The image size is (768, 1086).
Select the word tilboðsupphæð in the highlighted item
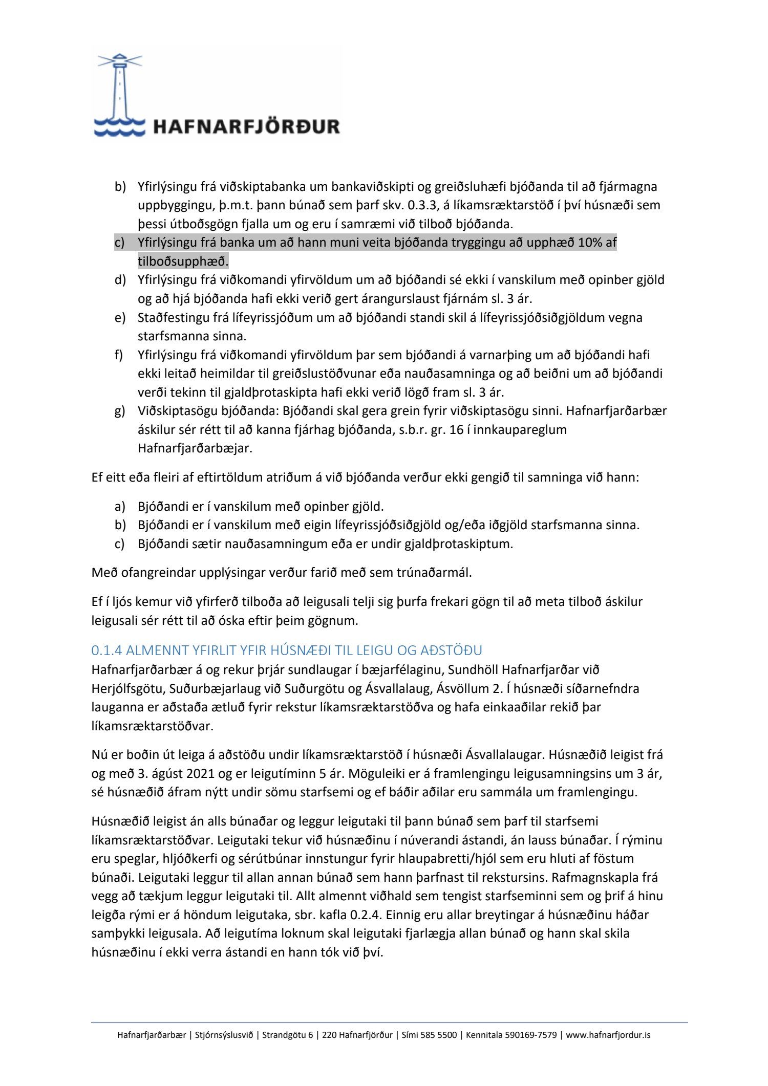click(182, 262)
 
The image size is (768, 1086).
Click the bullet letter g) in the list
click(119, 411)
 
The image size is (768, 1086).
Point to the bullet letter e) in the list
click(119, 318)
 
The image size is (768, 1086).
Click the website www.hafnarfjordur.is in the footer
click(608, 1035)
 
